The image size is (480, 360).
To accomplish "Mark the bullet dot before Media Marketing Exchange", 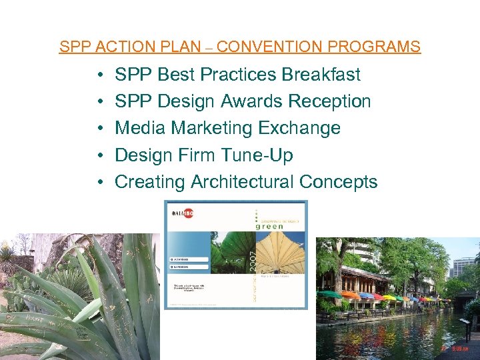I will (x=98, y=129).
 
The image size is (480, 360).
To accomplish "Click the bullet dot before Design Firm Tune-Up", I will (x=98, y=155).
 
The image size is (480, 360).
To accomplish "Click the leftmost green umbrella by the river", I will (x=329, y=293).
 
